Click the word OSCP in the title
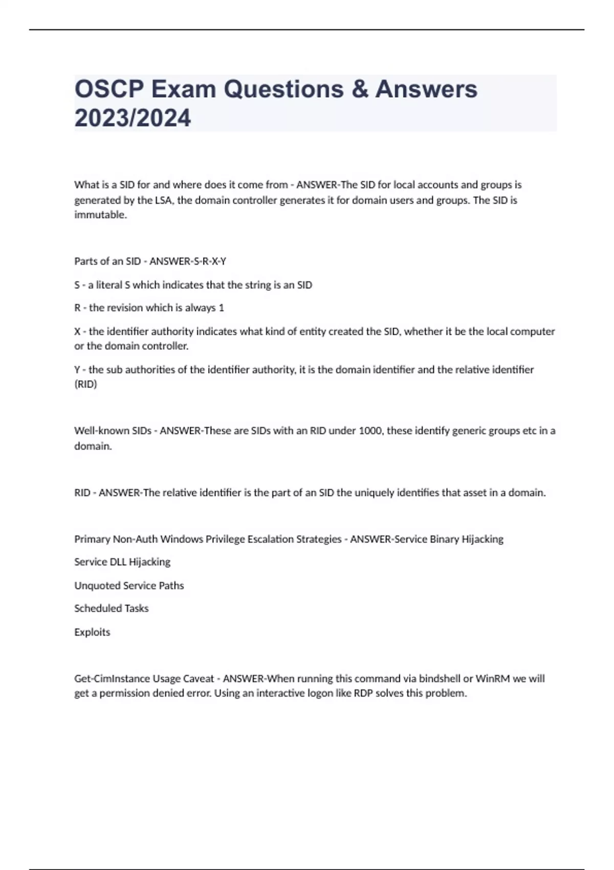point(109,89)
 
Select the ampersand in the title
point(360,89)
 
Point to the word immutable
point(100,215)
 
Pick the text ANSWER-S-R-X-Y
point(188,262)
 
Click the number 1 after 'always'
point(221,308)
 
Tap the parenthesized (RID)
point(85,384)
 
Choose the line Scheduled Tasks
point(112,608)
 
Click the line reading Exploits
point(92,632)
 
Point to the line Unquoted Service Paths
point(129,585)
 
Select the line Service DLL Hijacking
point(122,562)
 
